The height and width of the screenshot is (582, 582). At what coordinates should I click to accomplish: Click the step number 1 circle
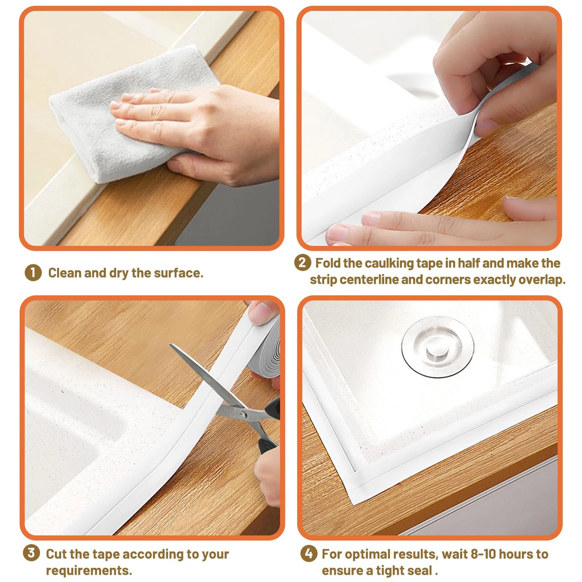[33, 273]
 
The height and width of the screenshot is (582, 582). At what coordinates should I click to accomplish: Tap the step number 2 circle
[302, 263]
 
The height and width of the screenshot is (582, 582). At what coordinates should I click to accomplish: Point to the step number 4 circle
[309, 553]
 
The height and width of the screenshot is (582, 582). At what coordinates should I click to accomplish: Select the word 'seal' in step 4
[421, 571]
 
